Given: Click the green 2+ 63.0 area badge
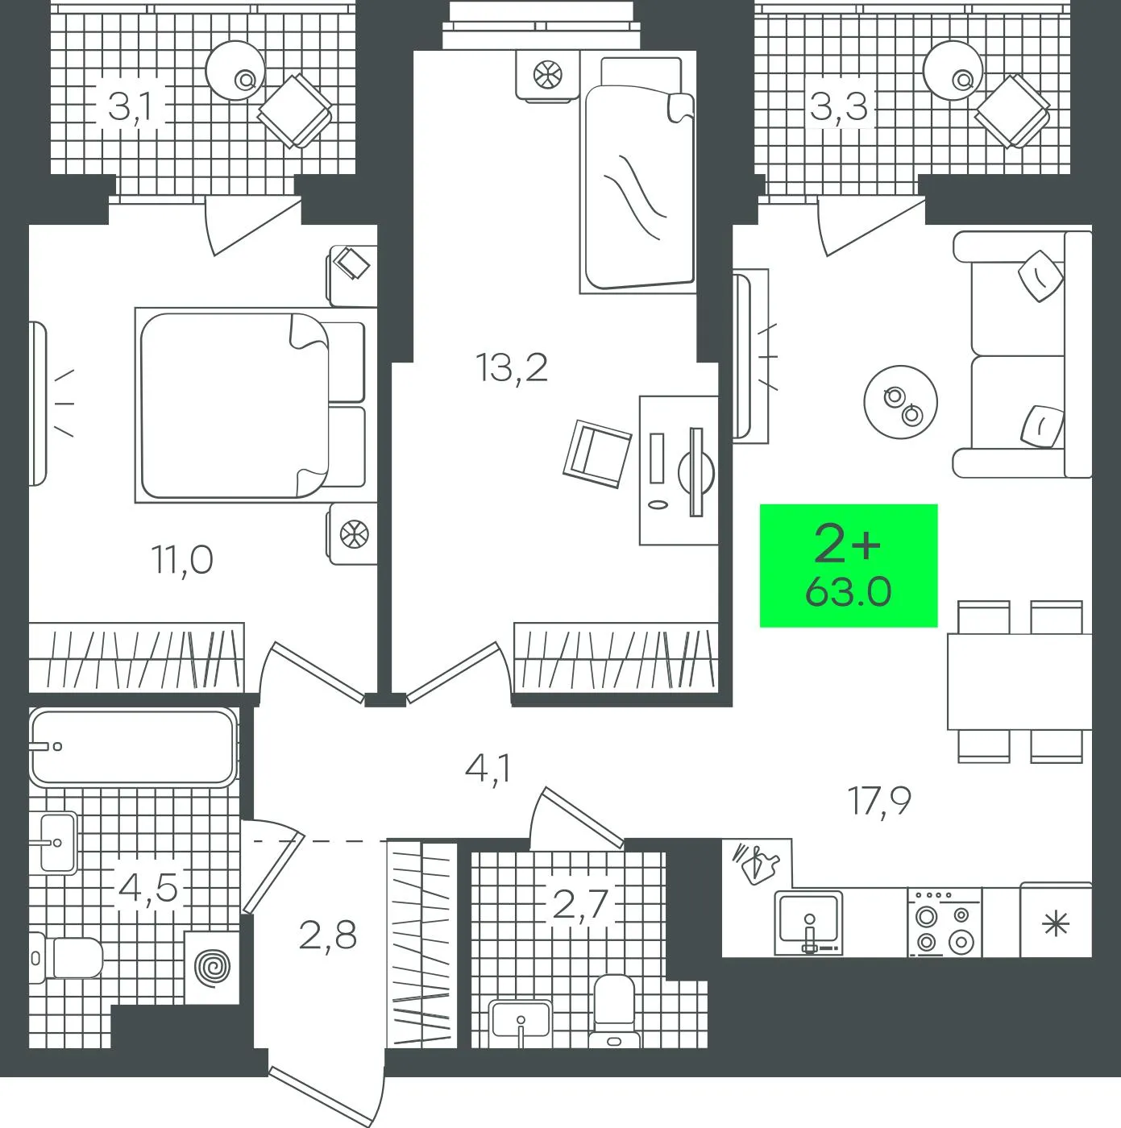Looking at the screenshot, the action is pyautogui.click(x=848, y=566).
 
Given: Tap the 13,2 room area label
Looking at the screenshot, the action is pyautogui.click(x=511, y=368).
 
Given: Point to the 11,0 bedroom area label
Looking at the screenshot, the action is pyautogui.click(x=182, y=560).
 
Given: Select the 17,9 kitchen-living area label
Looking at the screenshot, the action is pyautogui.click(x=879, y=801).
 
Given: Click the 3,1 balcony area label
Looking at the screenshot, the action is pyautogui.click(x=130, y=108).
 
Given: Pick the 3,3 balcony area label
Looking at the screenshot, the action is pyautogui.click(x=839, y=107).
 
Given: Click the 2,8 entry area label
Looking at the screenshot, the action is pyautogui.click(x=327, y=936).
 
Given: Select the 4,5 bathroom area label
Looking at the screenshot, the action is pyautogui.click(x=147, y=890).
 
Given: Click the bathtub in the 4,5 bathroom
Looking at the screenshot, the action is pyautogui.click(x=133, y=746).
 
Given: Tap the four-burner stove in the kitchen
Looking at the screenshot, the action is pyautogui.click(x=945, y=923).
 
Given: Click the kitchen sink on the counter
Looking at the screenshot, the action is pyautogui.click(x=809, y=923).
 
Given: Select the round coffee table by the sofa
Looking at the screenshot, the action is pyautogui.click(x=900, y=403).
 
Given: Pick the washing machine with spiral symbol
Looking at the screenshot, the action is pyautogui.click(x=211, y=966).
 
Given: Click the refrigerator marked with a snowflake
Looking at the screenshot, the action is pyautogui.click(x=1056, y=920).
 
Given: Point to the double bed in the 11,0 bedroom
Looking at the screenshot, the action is pyautogui.click(x=251, y=405).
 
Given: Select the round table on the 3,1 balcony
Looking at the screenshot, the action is pyautogui.click(x=235, y=69).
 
